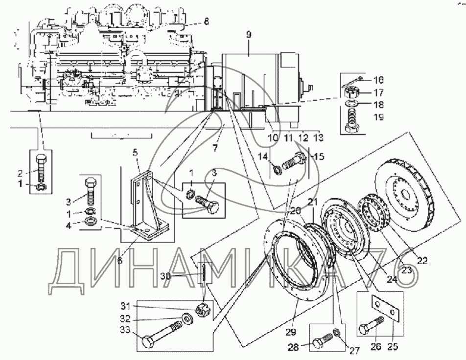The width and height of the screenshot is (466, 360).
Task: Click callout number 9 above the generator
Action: pos(249,35)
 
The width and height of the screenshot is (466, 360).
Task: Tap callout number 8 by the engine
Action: pos(206,22)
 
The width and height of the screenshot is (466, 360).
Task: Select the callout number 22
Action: pos(422,261)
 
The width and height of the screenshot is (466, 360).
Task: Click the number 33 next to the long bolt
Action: pos(125,330)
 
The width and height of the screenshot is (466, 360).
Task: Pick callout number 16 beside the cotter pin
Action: pos(378,80)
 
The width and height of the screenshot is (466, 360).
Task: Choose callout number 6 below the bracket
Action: pos(120,261)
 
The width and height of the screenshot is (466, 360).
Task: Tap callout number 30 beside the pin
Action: pos(166,276)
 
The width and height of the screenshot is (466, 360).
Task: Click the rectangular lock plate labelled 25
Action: pos(385,309)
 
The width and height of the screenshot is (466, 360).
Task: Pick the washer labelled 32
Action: pos(187,319)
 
